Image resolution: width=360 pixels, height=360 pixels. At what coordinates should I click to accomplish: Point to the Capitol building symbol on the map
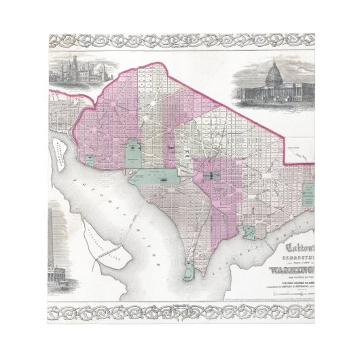pos(210,175)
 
